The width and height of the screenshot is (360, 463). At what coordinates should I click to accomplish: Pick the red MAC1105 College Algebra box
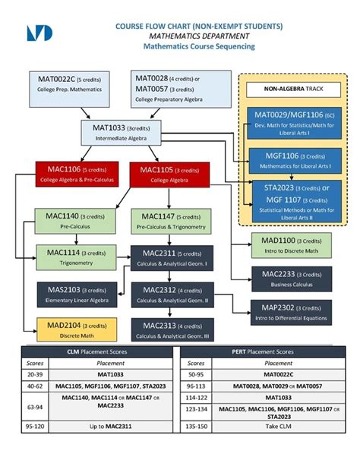165,173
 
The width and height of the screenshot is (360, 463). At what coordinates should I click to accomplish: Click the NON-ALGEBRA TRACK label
293,90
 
